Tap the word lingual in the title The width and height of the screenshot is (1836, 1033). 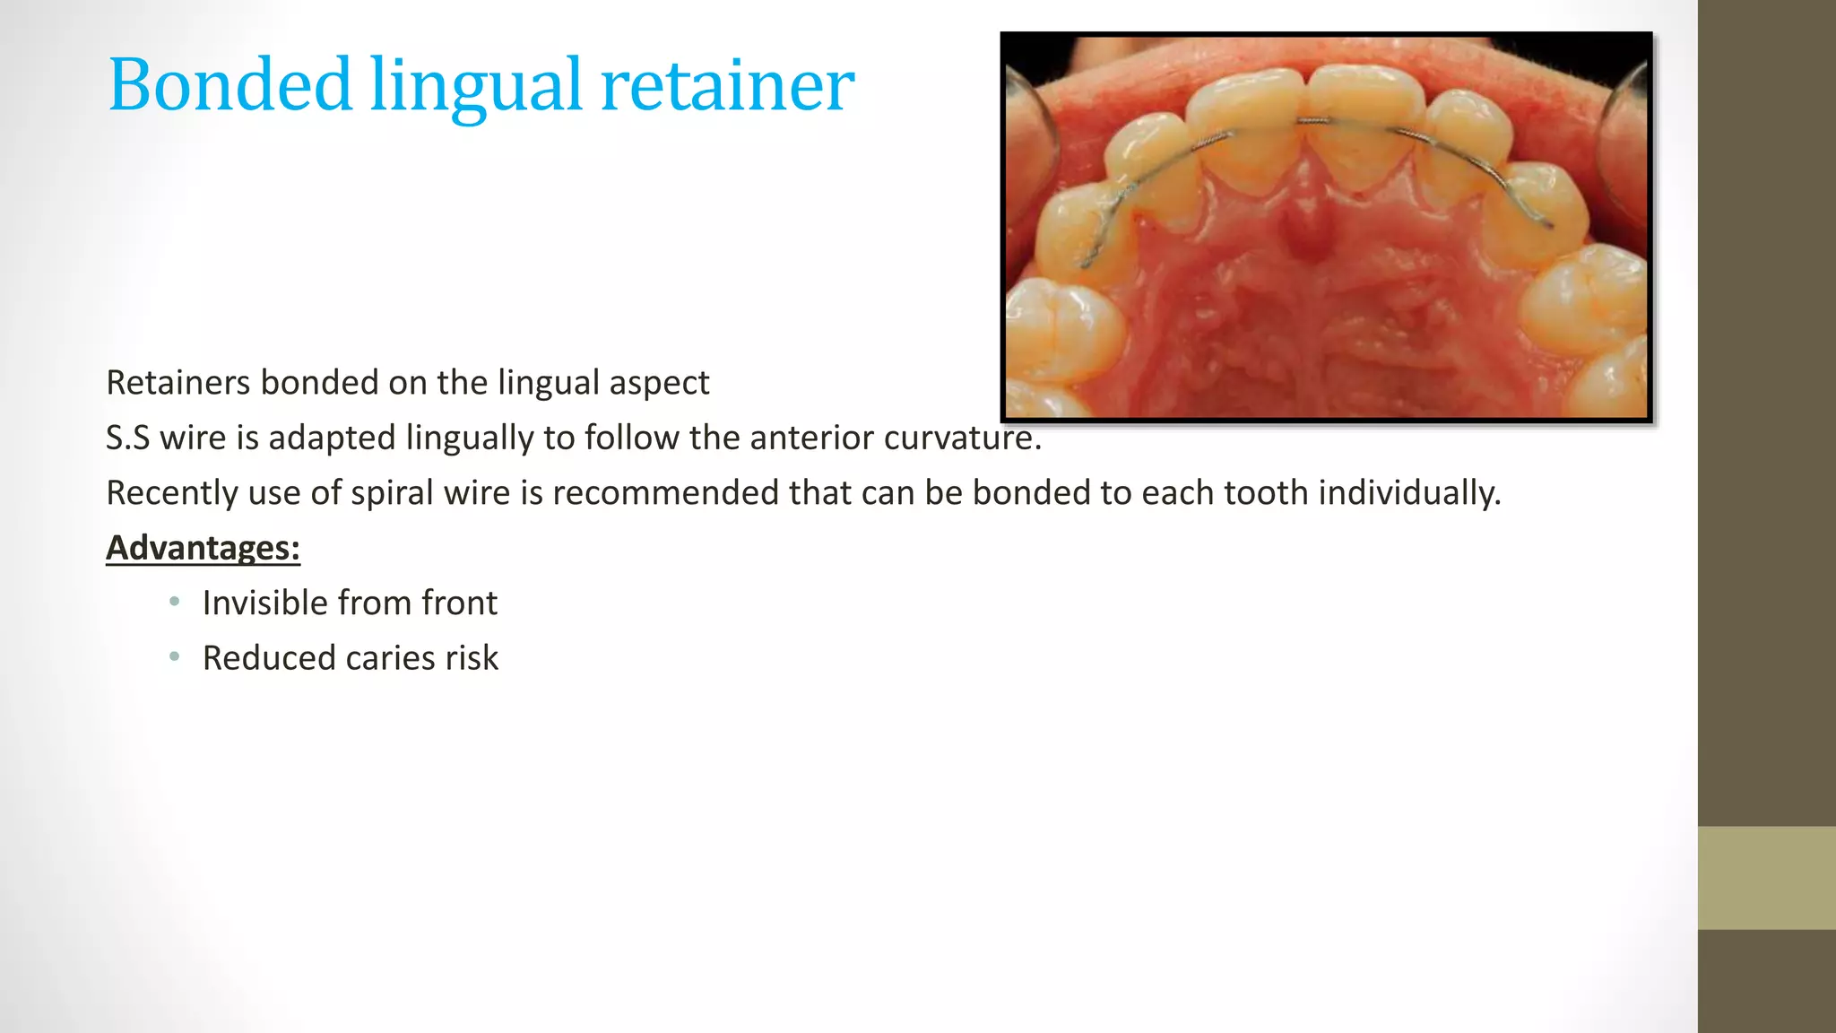(x=476, y=86)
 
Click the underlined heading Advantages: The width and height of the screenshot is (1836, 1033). (x=203, y=547)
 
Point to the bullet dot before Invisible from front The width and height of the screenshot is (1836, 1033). (x=175, y=602)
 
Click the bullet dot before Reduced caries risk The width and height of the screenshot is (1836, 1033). (x=175, y=656)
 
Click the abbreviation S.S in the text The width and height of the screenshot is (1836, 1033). (x=127, y=438)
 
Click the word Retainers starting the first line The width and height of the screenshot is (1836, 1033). (x=178, y=383)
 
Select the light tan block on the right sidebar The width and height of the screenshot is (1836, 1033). (x=1766, y=877)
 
